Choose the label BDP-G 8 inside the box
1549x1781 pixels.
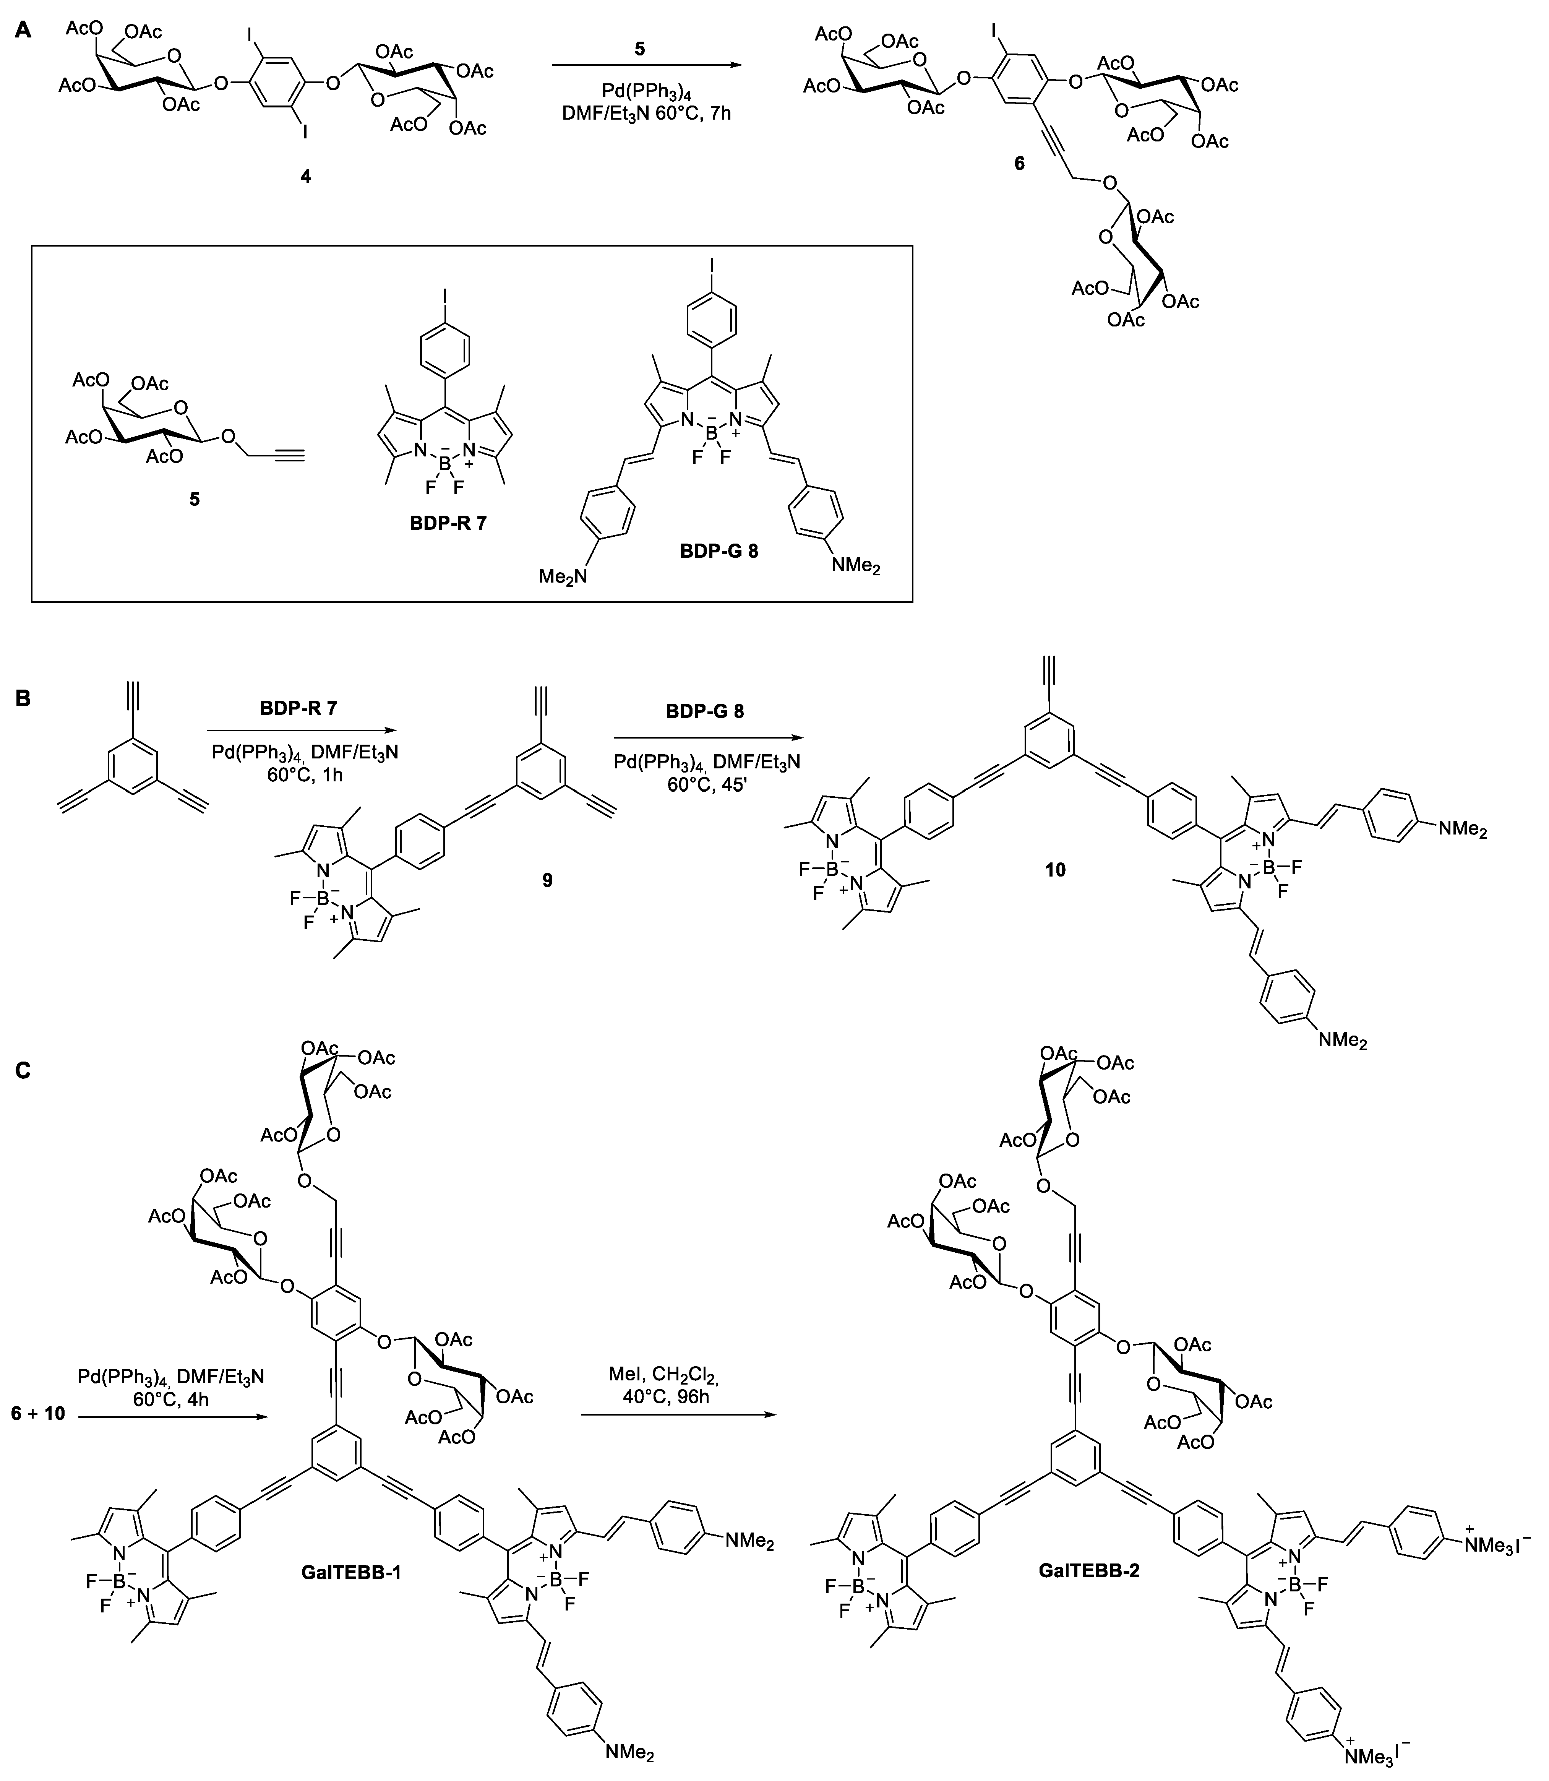[717, 550]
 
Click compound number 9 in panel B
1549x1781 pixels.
[546, 880]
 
